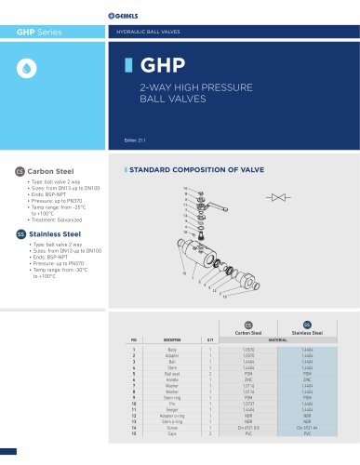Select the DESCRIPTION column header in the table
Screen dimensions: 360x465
coord(173,340)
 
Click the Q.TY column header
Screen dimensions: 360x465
coord(211,340)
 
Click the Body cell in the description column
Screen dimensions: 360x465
coord(173,349)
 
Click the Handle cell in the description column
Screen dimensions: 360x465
coord(173,379)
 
